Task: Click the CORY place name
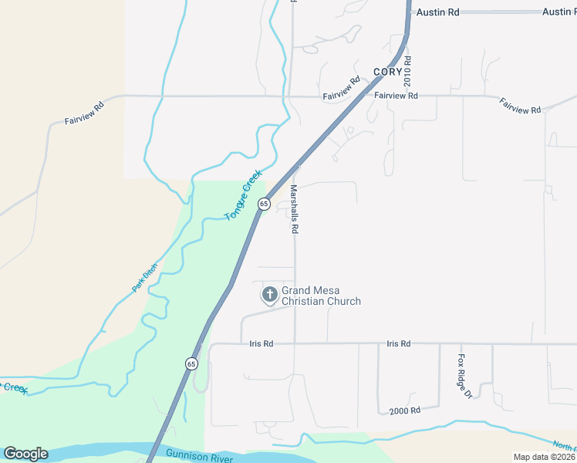(388, 72)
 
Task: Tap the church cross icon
(270, 294)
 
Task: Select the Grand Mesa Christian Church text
(321, 296)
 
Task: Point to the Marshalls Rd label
(294, 209)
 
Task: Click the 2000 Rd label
(404, 411)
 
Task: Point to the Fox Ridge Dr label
(464, 376)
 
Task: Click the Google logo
(25, 454)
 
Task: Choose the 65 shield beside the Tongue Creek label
(264, 204)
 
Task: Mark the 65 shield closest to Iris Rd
(191, 363)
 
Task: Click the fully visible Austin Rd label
(437, 12)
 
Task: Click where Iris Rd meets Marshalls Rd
(294, 343)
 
